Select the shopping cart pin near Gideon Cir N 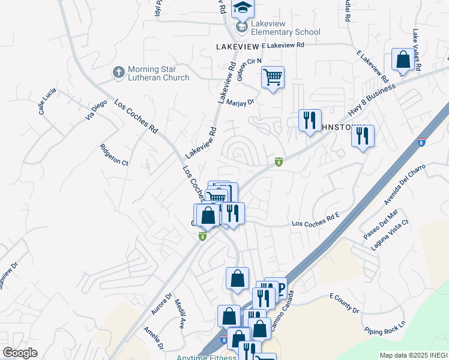point(273,77)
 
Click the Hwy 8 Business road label point(372,100)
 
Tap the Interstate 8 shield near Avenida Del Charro point(422,142)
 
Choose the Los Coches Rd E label point(316,223)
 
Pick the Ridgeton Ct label point(114,154)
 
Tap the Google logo point(20,353)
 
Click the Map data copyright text point(413,355)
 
